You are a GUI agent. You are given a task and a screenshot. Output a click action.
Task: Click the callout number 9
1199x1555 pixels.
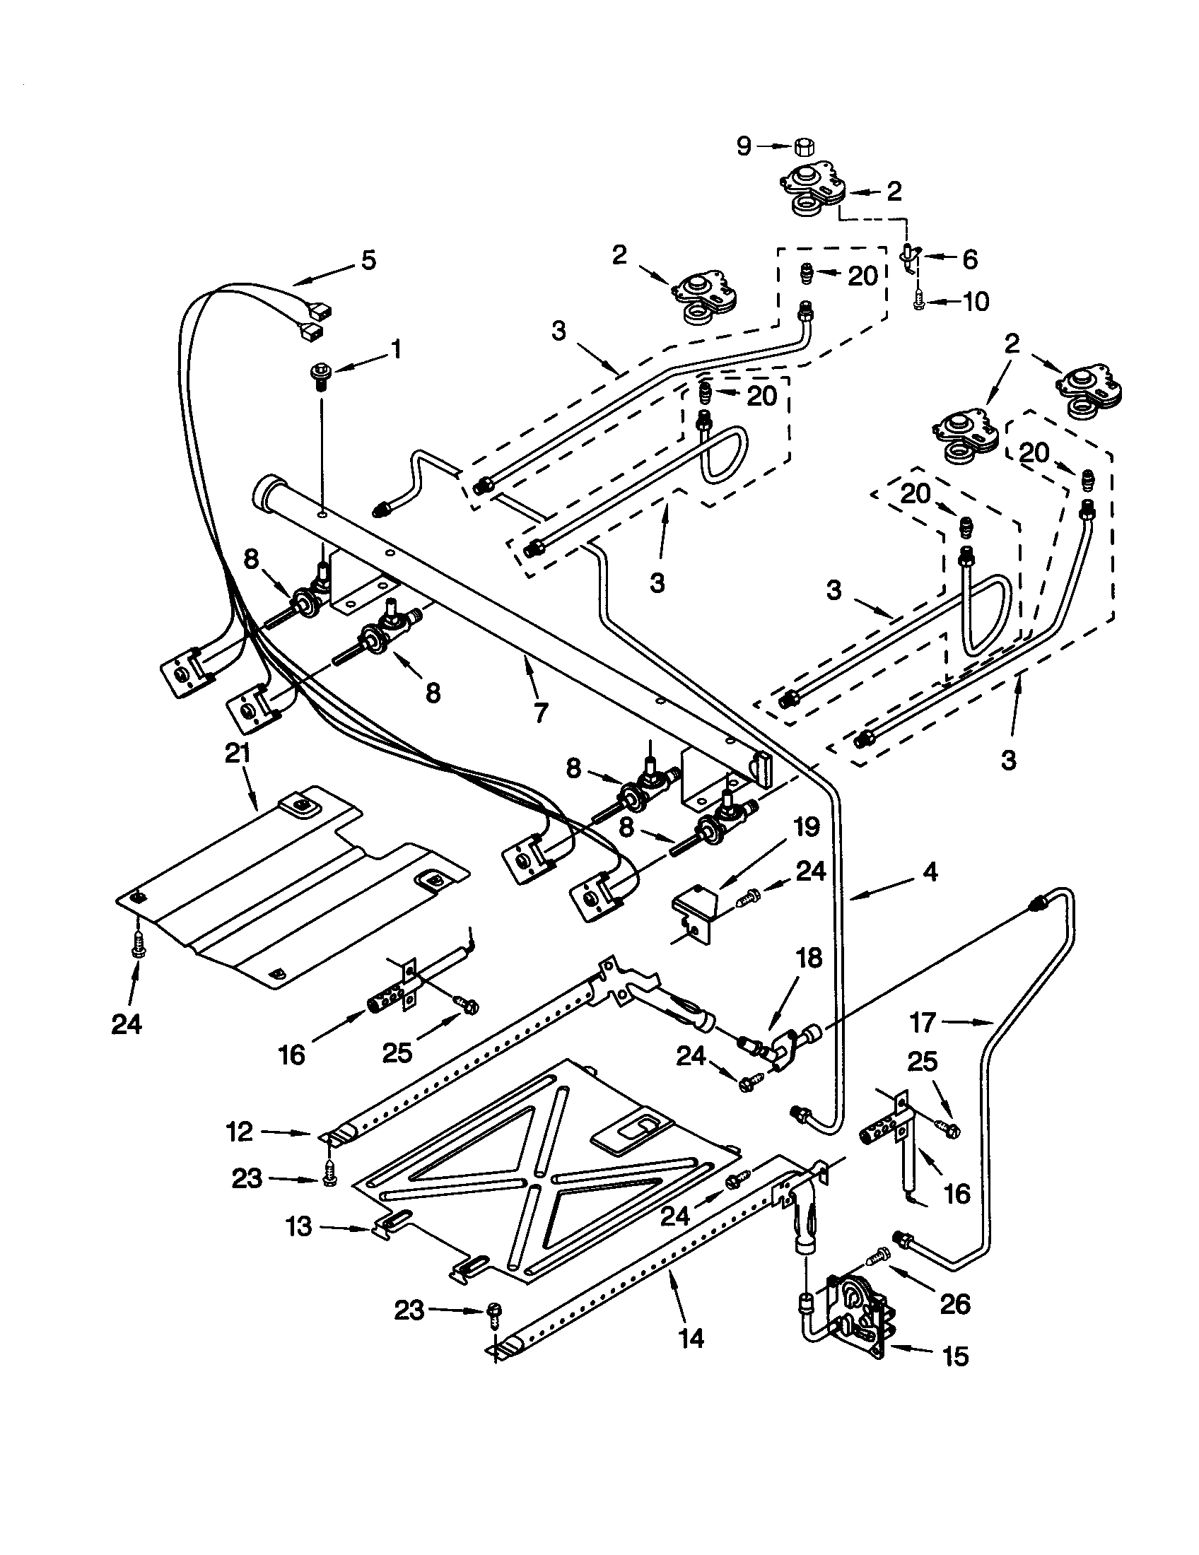click(x=743, y=147)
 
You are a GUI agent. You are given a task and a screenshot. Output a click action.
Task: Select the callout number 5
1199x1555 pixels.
click(x=368, y=261)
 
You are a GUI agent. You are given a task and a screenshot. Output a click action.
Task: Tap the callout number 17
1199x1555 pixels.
click(x=923, y=1024)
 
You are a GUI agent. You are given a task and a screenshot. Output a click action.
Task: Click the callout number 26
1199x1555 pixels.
click(x=954, y=1304)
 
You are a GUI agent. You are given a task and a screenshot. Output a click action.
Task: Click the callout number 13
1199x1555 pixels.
click(x=300, y=1226)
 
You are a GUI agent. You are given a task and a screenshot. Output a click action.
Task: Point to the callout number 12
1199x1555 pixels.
click(x=240, y=1132)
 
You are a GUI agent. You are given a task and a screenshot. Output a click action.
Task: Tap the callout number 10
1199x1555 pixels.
click(x=976, y=302)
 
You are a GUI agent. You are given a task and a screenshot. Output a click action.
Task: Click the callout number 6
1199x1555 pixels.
click(x=970, y=259)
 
